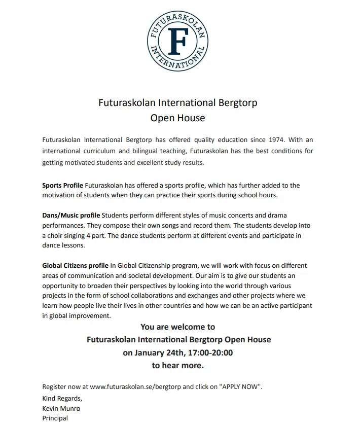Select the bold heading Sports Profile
point(62,185)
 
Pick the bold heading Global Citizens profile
point(75,265)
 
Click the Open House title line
point(177,118)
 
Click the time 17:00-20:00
point(210,352)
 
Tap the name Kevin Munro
point(61,408)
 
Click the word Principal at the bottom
point(55,418)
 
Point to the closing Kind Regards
point(61,398)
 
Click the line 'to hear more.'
point(177,365)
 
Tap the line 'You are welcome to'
point(177,327)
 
